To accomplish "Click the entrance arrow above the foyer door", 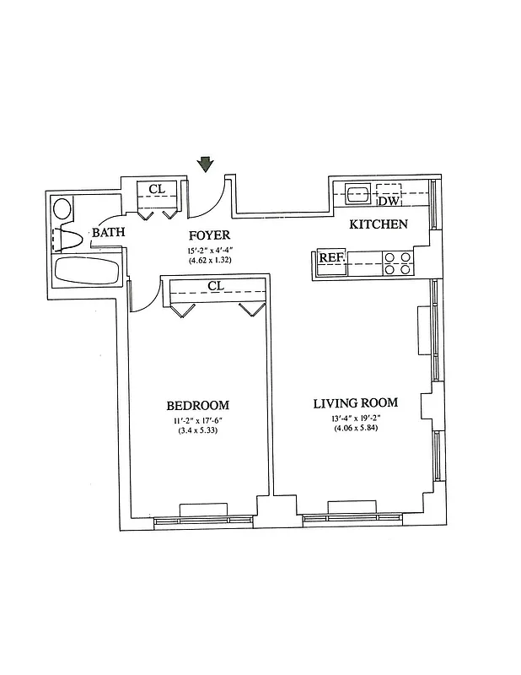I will click(206, 164).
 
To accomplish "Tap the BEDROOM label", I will click(197, 405).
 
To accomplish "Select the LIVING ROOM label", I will click(355, 402).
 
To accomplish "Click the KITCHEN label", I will click(379, 224).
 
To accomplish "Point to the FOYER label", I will click(209, 235).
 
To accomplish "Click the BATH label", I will click(108, 233).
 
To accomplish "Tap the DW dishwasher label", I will click(388, 201).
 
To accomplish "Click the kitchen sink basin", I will click(357, 193).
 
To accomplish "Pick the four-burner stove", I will click(397, 264).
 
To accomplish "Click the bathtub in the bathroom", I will click(87, 273).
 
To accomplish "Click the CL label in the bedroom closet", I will click(216, 286).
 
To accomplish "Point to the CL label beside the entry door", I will click(157, 189).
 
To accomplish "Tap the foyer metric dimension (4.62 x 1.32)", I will click(209, 261).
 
